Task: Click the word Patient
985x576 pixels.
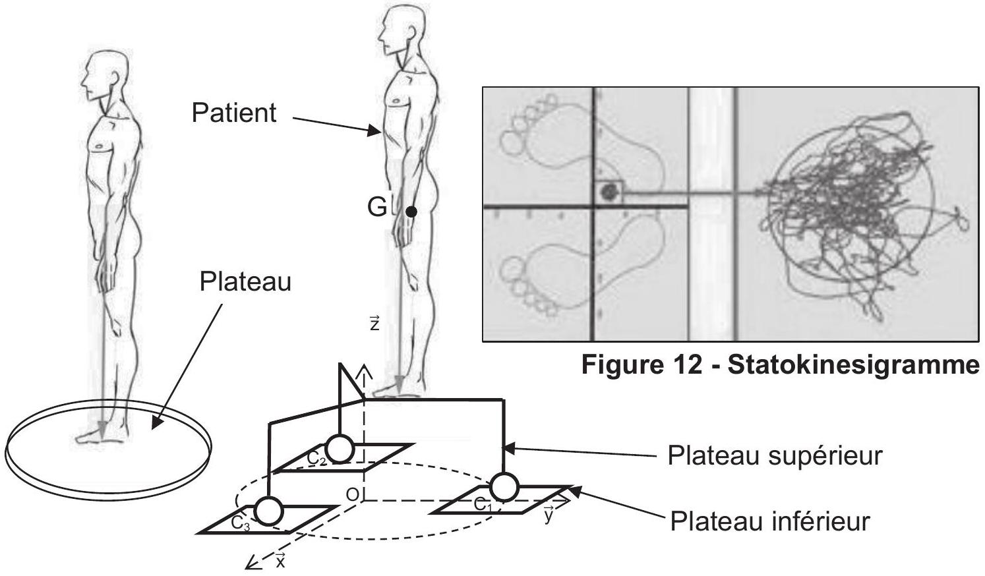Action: pyautogui.click(x=234, y=113)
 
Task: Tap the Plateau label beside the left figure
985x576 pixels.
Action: pyautogui.click(x=245, y=281)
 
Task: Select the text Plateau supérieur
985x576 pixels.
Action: pyautogui.click(x=775, y=456)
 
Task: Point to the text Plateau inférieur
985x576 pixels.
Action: pyautogui.click(x=769, y=521)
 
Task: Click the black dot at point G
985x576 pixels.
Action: pyautogui.click(x=411, y=212)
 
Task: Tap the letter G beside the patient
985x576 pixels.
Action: pyautogui.click(x=377, y=208)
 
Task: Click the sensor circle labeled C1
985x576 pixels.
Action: pyautogui.click(x=504, y=487)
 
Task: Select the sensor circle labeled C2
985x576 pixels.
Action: pyautogui.click(x=340, y=449)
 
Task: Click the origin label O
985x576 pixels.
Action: pyautogui.click(x=353, y=495)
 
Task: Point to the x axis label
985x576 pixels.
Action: pyautogui.click(x=280, y=560)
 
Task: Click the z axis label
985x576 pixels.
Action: pyautogui.click(x=374, y=323)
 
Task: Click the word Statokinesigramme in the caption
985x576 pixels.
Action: pyautogui.click(x=854, y=364)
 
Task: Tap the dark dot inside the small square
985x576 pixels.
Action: pyautogui.click(x=609, y=192)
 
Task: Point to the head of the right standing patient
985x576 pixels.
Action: pyautogui.click(x=402, y=31)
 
